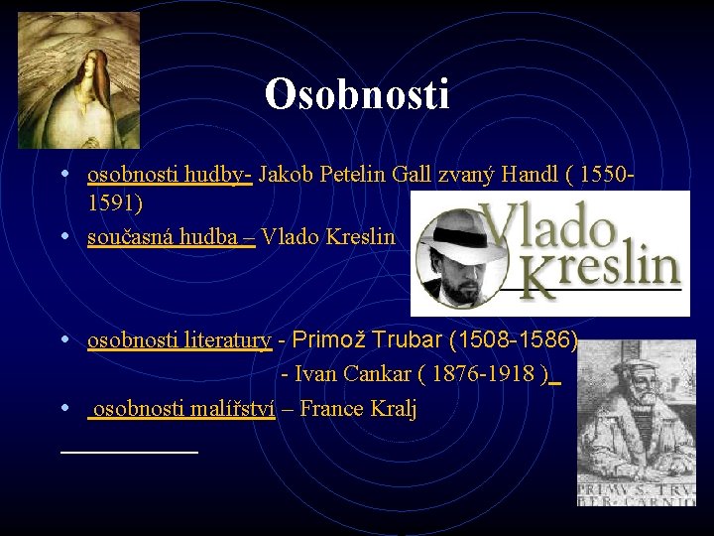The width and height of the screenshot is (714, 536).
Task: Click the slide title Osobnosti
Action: click(357, 94)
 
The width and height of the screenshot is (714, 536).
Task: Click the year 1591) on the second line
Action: click(115, 203)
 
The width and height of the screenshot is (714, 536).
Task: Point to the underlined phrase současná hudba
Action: click(171, 237)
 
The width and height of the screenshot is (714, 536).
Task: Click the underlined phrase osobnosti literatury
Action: click(179, 340)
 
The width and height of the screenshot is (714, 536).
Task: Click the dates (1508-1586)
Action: click(514, 340)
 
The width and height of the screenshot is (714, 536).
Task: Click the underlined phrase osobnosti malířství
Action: click(182, 408)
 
